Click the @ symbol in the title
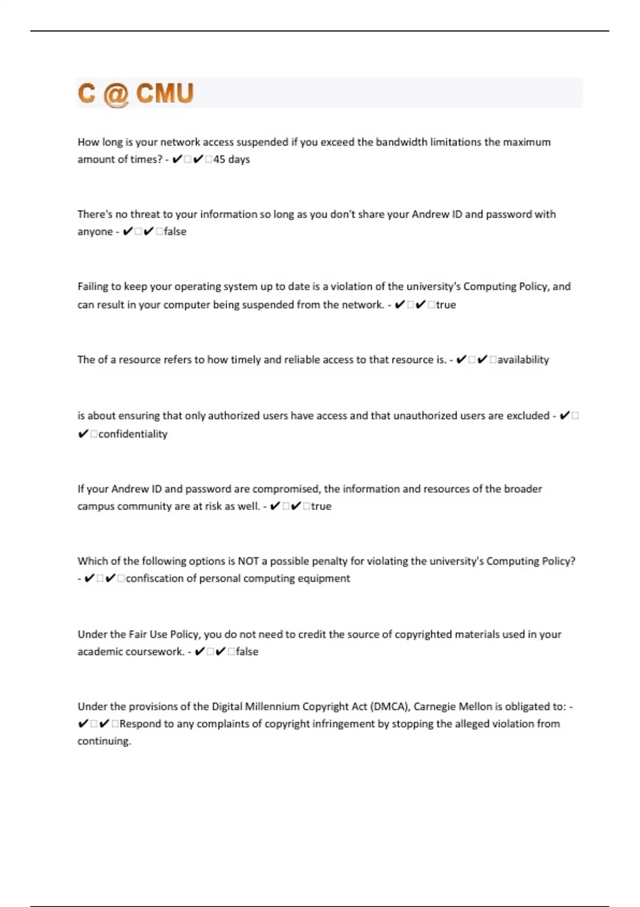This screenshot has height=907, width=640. (x=116, y=94)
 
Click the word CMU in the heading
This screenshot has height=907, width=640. (x=164, y=93)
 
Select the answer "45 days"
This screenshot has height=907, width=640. (x=231, y=160)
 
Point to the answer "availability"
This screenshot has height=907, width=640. (x=523, y=360)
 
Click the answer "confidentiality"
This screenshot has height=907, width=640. (x=133, y=434)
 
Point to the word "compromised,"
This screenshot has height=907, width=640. (x=286, y=489)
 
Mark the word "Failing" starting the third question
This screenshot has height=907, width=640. (x=92, y=287)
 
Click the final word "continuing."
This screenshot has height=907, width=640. (x=104, y=741)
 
